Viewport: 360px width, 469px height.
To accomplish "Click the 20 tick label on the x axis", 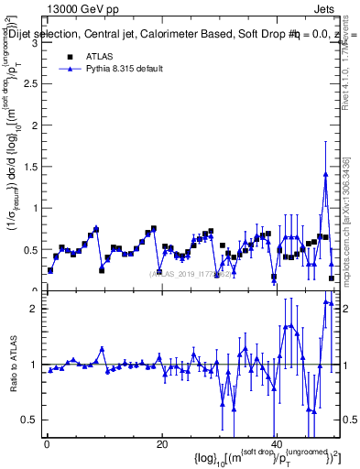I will (x=161, y=444).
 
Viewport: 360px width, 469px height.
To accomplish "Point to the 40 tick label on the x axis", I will (x=275, y=444).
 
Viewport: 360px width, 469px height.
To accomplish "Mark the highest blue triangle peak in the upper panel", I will (x=325, y=174).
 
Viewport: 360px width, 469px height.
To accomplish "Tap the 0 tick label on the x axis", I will (x=47, y=444).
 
